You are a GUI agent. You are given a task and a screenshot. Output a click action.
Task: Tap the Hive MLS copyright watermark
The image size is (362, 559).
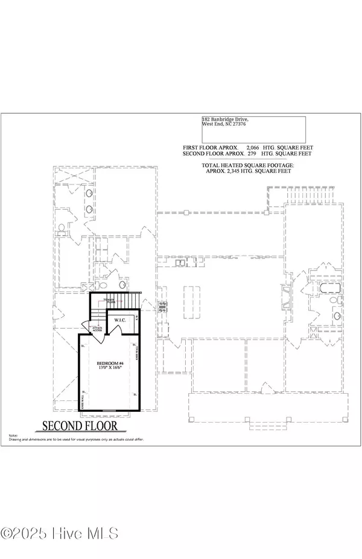click(x=60, y=533)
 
